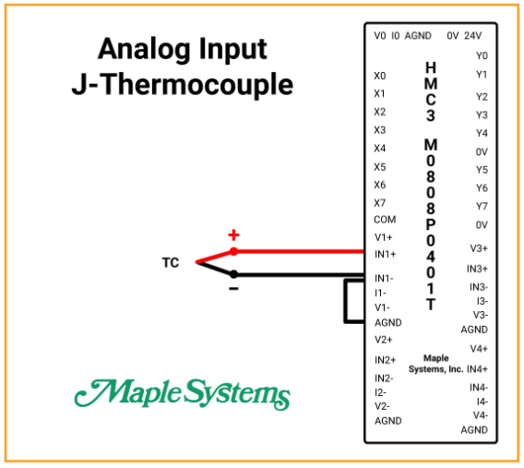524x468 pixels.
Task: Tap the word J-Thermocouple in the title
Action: click(x=183, y=84)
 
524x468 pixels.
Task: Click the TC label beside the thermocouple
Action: click(x=171, y=263)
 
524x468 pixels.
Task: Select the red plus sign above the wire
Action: click(x=233, y=235)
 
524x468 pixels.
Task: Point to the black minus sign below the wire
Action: click(x=233, y=289)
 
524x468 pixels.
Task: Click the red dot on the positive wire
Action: click(x=233, y=251)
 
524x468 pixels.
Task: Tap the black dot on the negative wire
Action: click(x=233, y=274)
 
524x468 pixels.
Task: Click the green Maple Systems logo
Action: click(x=182, y=394)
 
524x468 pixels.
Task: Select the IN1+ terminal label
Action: click(x=385, y=255)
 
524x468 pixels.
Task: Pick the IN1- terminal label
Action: click(x=384, y=278)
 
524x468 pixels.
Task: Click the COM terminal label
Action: click(x=385, y=220)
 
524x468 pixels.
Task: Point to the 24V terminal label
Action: click(x=473, y=36)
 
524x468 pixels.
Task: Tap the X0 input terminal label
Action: click(x=380, y=76)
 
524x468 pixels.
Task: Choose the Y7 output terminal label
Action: click(x=482, y=206)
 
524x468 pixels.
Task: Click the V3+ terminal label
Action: click(x=479, y=248)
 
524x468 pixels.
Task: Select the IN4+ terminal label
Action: click(x=477, y=369)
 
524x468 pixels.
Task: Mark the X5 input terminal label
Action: click(x=380, y=167)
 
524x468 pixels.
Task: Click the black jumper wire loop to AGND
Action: click(x=346, y=302)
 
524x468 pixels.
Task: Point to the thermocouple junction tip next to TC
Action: click(x=196, y=263)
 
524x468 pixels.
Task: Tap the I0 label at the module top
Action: click(x=396, y=36)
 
